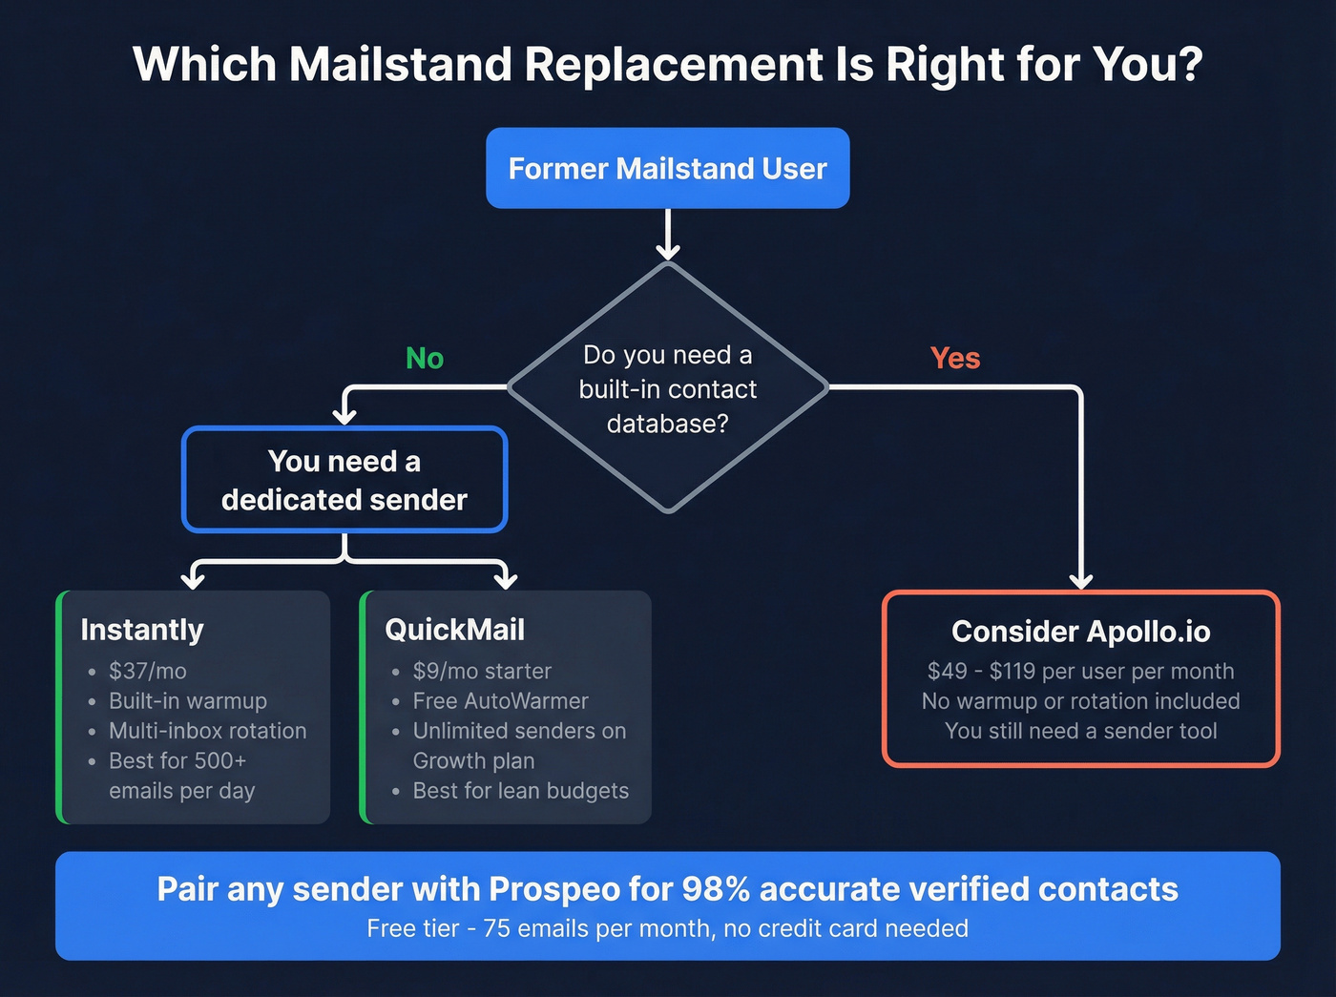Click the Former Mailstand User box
(x=667, y=169)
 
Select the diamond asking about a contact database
(x=667, y=388)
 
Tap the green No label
(x=425, y=359)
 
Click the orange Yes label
(x=954, y=359)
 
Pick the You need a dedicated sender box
(x=344, y=480)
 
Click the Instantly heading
(x=142, y=630)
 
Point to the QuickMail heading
(x=454, y=630)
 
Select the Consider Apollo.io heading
(x=1080, y=632)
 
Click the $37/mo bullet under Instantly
(x=147, y=672)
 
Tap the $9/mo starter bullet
(x=482, y=672)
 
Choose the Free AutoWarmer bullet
(x=500, y=701)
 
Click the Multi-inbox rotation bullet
(x=207, y=731)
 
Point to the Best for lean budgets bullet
(x=520, y=791)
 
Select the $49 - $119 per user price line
(x=1080, y=672)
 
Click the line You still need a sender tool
(x=1080, y=732)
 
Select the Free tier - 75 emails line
(x=667, y=928)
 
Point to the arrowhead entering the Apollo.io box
(x=1080, y=581)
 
